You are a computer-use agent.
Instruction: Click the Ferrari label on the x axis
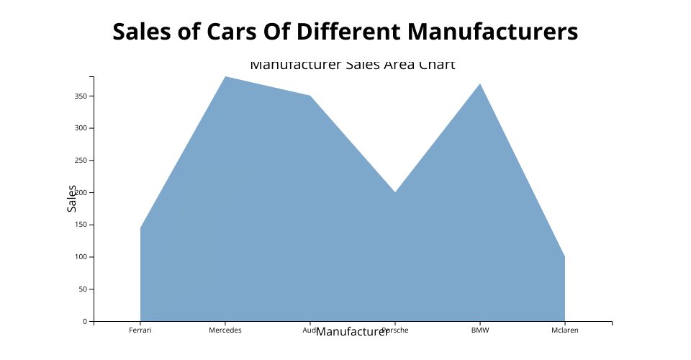pyautogui.click(x=140, y=330)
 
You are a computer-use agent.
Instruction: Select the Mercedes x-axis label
pyautogui.click(x=225, y=330)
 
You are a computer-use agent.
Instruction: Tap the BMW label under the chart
pyautogui.click(x=479, y=330)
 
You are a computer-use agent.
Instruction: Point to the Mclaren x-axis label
pyautogui.click(x=564, y=330)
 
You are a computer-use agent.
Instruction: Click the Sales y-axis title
pyautogui.click(x=71, y=199)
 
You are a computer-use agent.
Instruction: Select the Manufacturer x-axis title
pyautogui.click(x=352, y=332)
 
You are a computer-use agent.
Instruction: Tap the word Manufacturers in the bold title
pyautogui.click(x=492, y=32)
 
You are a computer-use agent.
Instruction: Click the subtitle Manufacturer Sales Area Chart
pyautogui.click(x=352, y=65)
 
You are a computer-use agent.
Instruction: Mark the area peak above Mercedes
pyautogui.click(x=225, y=77)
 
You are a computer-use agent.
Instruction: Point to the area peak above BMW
pyautogui.click(x=479, y=84)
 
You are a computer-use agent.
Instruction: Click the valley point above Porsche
pyautogui.click(x=394, y=192)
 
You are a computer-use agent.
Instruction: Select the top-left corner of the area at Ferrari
pyautogui.click(x=141, y=228)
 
